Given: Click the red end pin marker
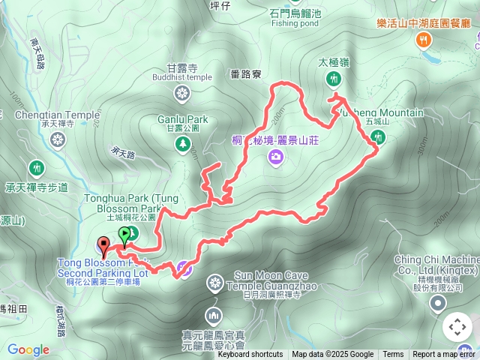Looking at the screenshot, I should click(x=103, y=244).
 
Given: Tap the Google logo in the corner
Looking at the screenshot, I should click(x=28, y=349).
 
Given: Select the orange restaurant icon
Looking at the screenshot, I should click(x=424, y=40).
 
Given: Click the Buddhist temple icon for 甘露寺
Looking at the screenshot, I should click(x=181, y=94).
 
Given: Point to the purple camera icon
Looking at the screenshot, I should click(x=276, y=157).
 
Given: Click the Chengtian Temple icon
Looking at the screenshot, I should click(x=56, y=139).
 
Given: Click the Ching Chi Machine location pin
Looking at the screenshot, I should click(x=438, y=303).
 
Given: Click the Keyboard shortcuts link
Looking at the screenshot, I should click(x=250, y=355).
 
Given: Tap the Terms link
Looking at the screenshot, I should click(x=393, y=355).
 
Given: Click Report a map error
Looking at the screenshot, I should click(x=444, y=355).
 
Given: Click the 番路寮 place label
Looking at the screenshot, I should click(x=246, y=74).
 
